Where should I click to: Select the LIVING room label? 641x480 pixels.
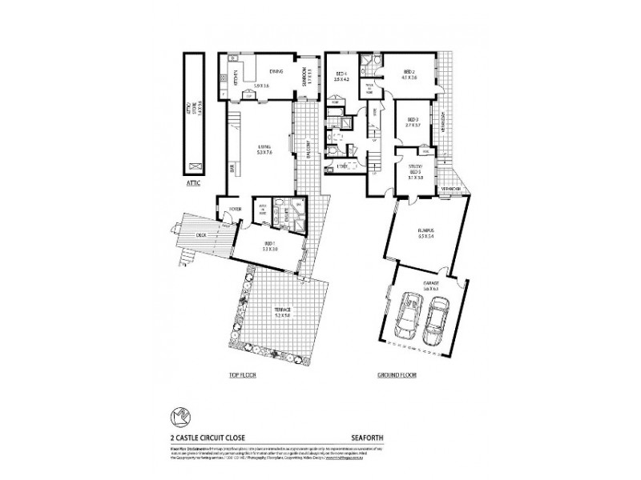pyautogui.click(x=264, y=148)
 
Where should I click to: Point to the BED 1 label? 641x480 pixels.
pyautogui.click(x=271, y=244)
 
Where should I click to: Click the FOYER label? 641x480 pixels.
pyautogui.click(x=236, y=209)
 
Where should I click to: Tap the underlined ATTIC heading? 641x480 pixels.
pyautogui.click(x=192, y=183)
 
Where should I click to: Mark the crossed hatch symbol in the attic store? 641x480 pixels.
pyautogui.click(x=192, y=166)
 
